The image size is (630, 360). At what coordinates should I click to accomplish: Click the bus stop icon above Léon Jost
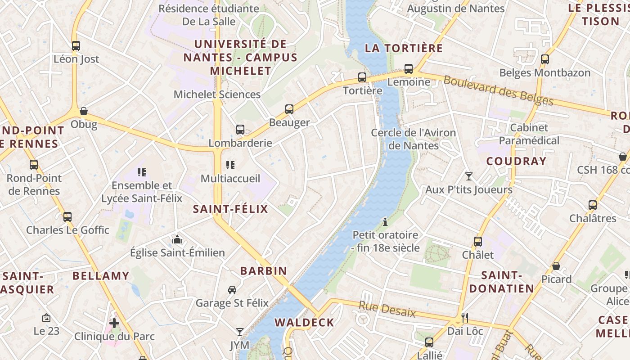[x=76, y=45]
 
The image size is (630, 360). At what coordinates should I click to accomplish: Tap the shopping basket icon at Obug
[x=84, y=111]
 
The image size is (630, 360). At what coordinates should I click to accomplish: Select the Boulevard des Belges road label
[x=498, y=90]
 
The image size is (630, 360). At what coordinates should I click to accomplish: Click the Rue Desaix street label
[x=387, y=310]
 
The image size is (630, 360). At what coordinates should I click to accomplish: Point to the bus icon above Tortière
[x=362, y=77]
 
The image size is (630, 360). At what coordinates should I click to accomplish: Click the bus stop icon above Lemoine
[x=409, y=69]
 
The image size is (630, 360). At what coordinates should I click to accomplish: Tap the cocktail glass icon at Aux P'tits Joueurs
[x=469, y=176]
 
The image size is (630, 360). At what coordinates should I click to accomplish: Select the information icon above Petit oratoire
[x=385, y=221]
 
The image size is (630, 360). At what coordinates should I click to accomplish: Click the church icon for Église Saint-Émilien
[x=177, y=239]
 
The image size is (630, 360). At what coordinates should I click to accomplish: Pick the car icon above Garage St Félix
[x=232, y=289]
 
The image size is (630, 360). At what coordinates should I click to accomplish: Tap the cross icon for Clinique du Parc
[x=114, y=323]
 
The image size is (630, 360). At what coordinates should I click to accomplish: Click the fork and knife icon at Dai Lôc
[x=465, y=318]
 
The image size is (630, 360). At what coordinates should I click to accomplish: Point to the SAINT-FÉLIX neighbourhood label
[x=230, y=209]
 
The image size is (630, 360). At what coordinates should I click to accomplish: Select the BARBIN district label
[x=264, y=270]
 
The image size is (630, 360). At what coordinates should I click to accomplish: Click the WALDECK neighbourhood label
[x=305, y=322]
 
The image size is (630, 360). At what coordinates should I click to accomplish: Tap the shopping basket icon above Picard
[x=556, y=266]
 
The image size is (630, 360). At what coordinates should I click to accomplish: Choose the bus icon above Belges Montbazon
[x=545, y=59]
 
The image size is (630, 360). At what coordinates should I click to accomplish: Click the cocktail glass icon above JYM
[x=240, y=332]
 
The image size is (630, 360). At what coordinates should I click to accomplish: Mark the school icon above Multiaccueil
[x=230, y=165]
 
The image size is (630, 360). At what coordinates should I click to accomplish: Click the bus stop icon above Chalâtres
[x=593, y=205]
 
